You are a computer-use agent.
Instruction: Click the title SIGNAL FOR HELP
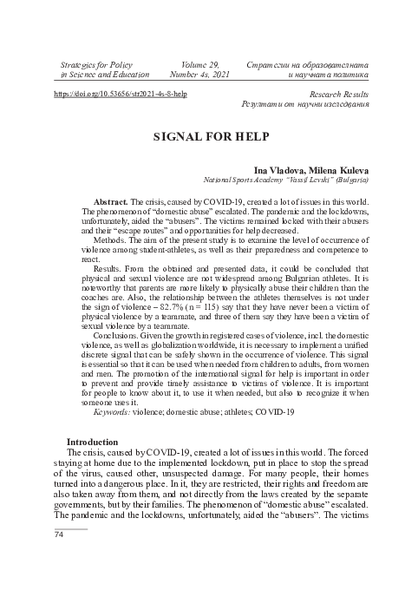[208, 137]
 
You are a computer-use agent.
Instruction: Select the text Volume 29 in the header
[199, 64]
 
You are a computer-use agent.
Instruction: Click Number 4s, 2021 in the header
[199, 75]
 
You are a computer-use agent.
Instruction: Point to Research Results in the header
[336, 93]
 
